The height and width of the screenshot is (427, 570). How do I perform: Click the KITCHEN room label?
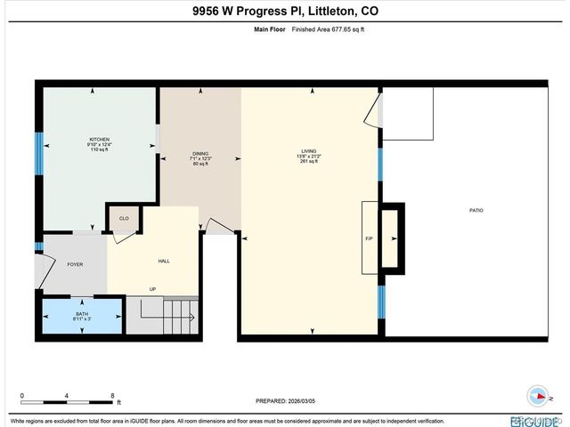click(x=99, y=139)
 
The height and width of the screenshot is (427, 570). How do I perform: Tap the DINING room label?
click(x=200, y=154)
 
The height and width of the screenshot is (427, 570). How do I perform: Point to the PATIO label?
click(x=476, y=211)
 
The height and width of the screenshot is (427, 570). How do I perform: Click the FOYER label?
click(x=75, y=264)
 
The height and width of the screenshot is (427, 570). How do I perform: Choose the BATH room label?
click(x=82, y=313)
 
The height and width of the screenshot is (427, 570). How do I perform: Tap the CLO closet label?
click(x=124, y=217)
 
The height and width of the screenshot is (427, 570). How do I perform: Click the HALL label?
click(x=164, y=262)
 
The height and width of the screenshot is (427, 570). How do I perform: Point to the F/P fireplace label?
click(x=368, y=238)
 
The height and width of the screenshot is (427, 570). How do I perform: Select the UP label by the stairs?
click(x=152, y=289)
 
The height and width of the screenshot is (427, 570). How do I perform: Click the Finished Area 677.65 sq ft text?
click(x=321, y=28)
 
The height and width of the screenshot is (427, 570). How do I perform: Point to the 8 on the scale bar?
click(x=112, y=395)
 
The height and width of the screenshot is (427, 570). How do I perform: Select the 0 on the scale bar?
click(x=21, y=395)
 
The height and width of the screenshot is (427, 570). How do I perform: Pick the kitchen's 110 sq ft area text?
click(x=99, y=149)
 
